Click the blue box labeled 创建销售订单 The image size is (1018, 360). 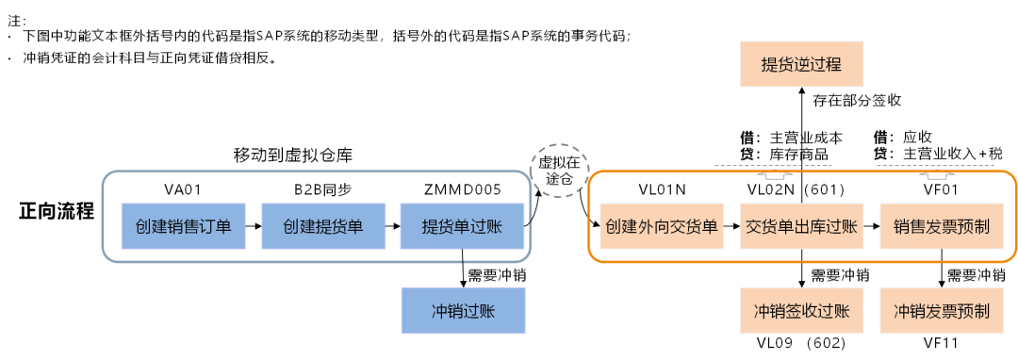coord(183,226)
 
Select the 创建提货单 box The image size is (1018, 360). coord(323,226)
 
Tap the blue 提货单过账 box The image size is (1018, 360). coord(462,226)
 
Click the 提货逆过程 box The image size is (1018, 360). coord(801,65)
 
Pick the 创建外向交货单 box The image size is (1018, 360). coord(662,226)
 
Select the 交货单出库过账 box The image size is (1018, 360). coord(801,226)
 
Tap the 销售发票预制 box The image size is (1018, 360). coord(942,226)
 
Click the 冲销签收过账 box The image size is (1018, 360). coord(801,311)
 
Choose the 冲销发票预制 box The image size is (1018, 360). coord(942,311)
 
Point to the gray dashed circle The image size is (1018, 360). coord(559,171)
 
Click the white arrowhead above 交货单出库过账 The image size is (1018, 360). coord(774,174)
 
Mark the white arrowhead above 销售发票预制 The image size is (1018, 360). coord(937,174)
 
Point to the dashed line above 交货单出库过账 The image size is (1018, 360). coord(774,166)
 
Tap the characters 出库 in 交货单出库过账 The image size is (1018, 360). coord(801,227)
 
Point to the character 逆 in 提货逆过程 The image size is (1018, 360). coord(801,66)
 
